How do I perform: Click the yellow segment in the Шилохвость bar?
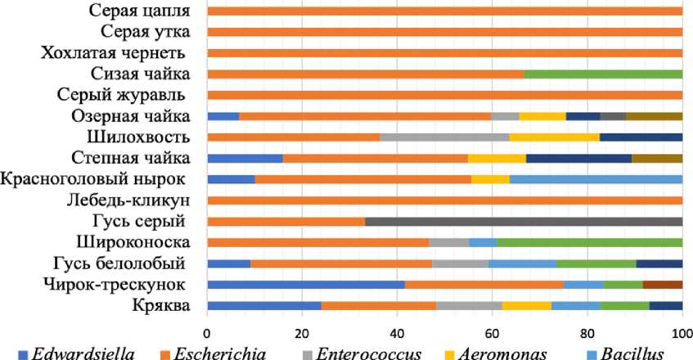[x=554, y=137]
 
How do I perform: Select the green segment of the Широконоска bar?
[x=590, y=242]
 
